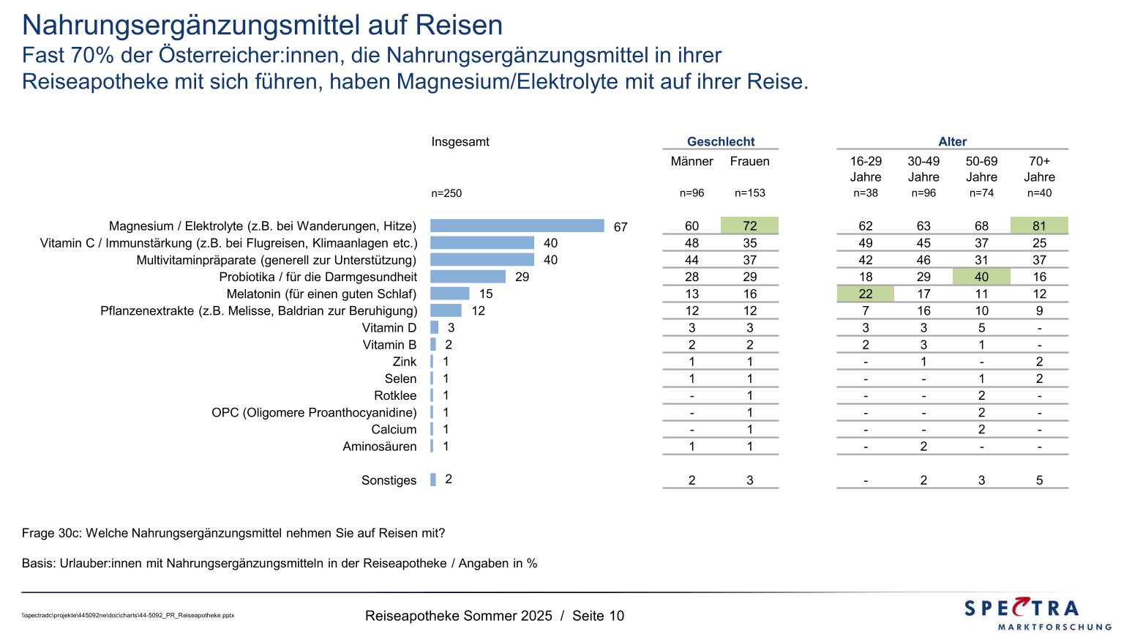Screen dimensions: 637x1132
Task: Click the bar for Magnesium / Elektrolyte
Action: click(x=517, y=226)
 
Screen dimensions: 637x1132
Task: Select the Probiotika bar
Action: click(x=468, y=277)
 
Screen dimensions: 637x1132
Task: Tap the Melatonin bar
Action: click(x=449, y=294)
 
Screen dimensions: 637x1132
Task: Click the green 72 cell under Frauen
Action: click(x=749, y=226)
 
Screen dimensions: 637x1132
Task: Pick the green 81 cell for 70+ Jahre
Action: click(x=1039, y=226)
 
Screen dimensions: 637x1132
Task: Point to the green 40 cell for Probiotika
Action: click(x=981, y=277)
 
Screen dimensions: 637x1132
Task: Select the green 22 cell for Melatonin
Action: click(x=866, y=294)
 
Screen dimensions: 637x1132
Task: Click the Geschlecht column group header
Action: click(x=721, y=142)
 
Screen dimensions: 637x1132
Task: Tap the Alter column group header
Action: click(x=952, y=142)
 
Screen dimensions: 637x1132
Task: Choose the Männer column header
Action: click(x=691, y=162)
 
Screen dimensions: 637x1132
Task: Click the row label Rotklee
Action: click(x=395, y=395)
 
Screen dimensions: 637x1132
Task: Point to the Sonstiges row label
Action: click(x=389, y=480)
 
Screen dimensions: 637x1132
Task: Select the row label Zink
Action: click(x=404, y=362)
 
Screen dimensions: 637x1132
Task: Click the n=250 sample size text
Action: click(x=446, y=194)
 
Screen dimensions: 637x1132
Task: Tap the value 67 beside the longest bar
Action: click(x=621, y=227)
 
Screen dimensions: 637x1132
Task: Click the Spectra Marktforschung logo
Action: click(x=1038, y=614)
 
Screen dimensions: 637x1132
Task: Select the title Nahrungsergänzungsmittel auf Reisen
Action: click(x=262, y=26)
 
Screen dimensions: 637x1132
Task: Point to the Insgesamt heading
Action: click(x=460, y=142)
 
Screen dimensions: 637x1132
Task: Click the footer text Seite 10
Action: click(x=598, y=616)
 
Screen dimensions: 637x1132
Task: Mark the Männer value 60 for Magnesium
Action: click(x=691, y=226)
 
